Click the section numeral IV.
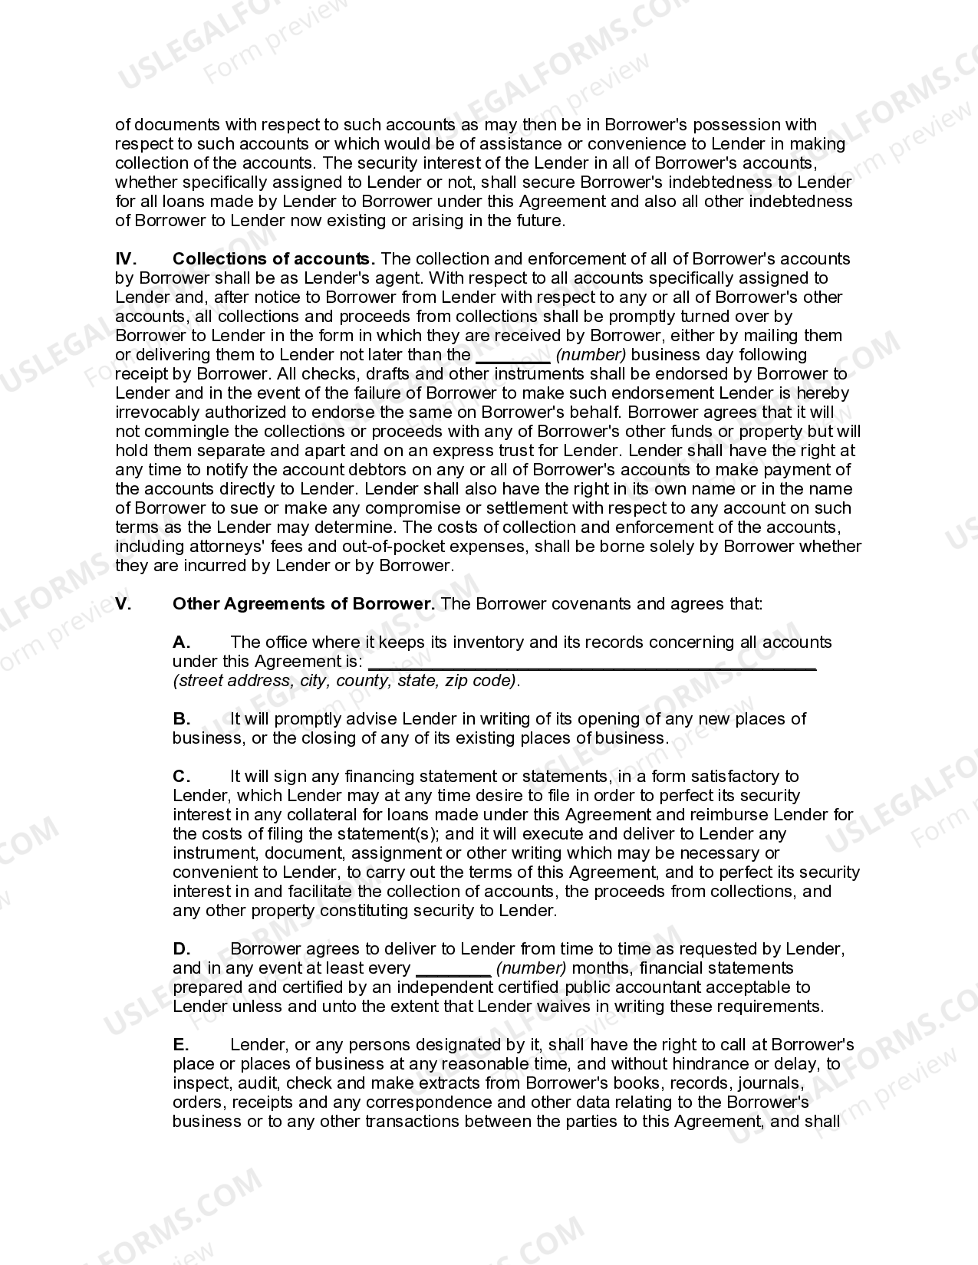125,259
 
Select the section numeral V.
123,604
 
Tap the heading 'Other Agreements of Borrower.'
304,604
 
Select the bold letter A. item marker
181,642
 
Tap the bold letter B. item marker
181,719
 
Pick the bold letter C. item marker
181,777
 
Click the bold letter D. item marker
181,949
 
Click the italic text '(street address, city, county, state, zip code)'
345,681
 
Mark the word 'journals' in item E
772,1083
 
